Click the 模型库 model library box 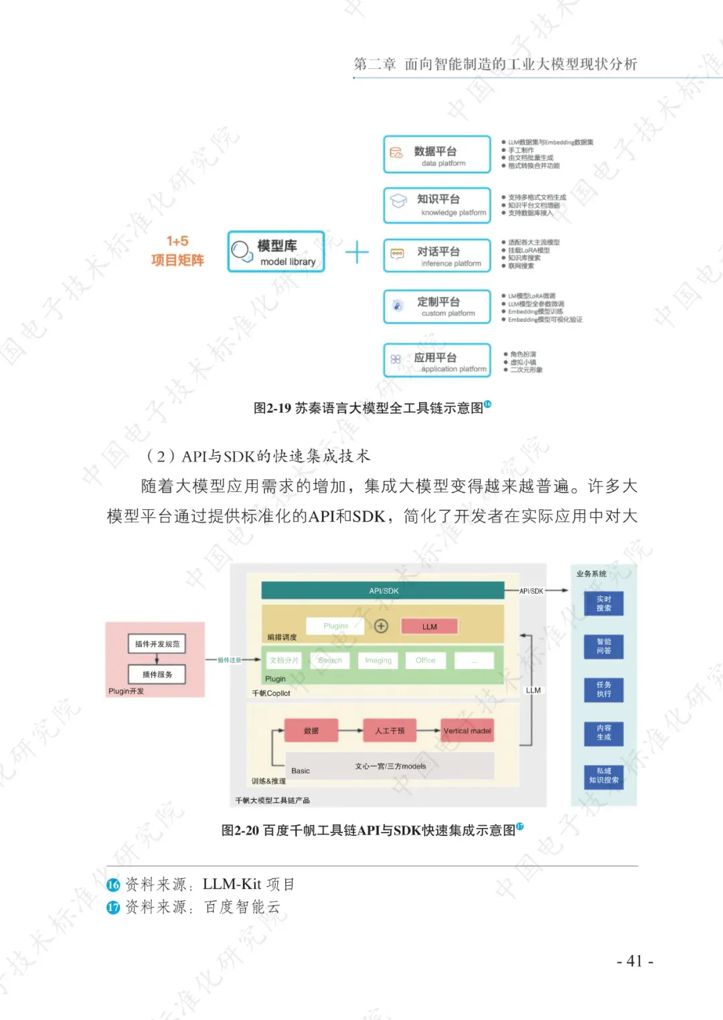coord(276,252)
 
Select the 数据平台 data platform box coord(436,155)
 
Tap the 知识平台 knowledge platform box coord(436,205)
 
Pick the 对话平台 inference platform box coord(436,256)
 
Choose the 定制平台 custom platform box coord(436,307)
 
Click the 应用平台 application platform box coord(436,361)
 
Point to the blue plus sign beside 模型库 coord(357,252)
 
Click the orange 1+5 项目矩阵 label coord(177,251)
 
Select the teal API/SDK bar coord(383,591)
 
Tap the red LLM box coord(429,626)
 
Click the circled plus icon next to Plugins coord(381,626)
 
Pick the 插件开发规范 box coord(157,644)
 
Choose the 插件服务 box coord(157,674)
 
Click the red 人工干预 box coord(390,731)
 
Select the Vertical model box coord(467,731)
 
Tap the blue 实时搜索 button coord(604,604)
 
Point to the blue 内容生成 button coord(604,732)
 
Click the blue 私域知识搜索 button coord(604,776)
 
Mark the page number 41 coord(634,961)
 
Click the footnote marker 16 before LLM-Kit coord(113,885)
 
